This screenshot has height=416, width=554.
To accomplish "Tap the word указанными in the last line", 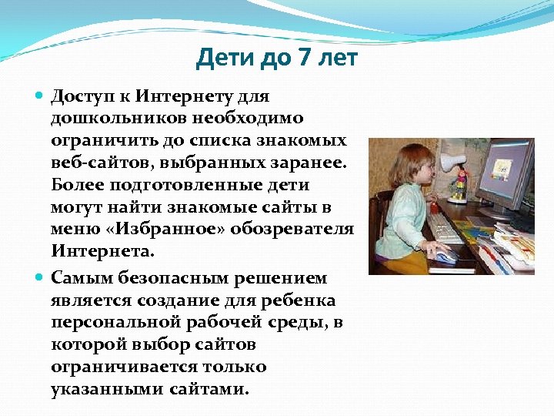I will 98,388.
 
